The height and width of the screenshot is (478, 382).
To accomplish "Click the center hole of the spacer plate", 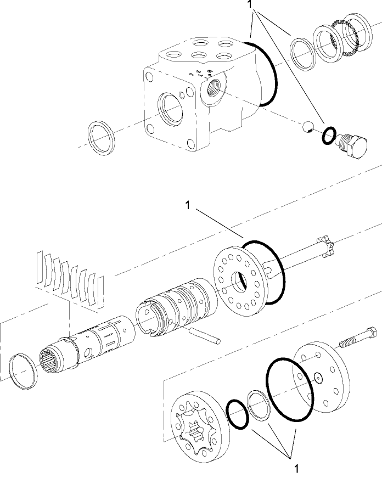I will pyautogui.click(x=240, y=282).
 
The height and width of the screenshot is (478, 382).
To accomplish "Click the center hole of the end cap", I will pyautogui.click(x=319, y=376).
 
